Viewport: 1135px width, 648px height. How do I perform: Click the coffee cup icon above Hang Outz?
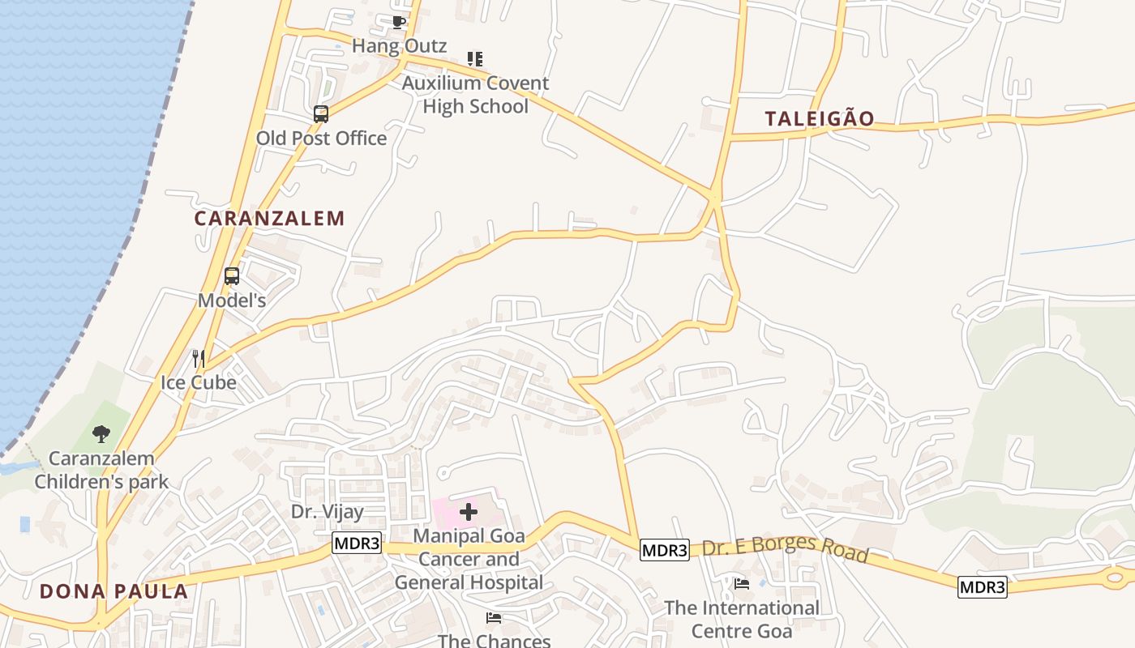398,23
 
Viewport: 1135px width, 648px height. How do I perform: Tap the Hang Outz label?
399,46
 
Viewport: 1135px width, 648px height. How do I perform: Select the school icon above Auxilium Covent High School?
475,59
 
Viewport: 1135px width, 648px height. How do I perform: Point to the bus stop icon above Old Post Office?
321,114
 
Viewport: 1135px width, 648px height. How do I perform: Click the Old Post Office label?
321,139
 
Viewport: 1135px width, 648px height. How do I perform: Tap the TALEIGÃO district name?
820,119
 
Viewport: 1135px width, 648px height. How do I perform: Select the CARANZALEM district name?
269,218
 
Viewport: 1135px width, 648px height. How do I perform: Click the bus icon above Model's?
232,276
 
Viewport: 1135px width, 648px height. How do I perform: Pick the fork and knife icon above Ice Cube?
198,358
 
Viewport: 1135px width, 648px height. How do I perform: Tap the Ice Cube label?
199,382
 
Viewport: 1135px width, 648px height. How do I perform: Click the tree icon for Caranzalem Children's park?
101,434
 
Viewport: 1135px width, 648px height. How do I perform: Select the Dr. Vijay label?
327,511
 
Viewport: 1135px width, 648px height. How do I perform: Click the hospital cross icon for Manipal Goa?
469,512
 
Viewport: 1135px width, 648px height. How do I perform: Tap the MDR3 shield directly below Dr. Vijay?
357,544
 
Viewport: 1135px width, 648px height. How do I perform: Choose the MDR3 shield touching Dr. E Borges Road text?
664,551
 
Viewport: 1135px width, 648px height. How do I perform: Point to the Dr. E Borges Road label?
785,549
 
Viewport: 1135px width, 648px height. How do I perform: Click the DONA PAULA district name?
113,591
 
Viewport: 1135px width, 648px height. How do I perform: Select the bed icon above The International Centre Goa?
741,583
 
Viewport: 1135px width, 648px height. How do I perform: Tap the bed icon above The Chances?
494,618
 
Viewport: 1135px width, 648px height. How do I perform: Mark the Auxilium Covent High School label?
475,95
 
